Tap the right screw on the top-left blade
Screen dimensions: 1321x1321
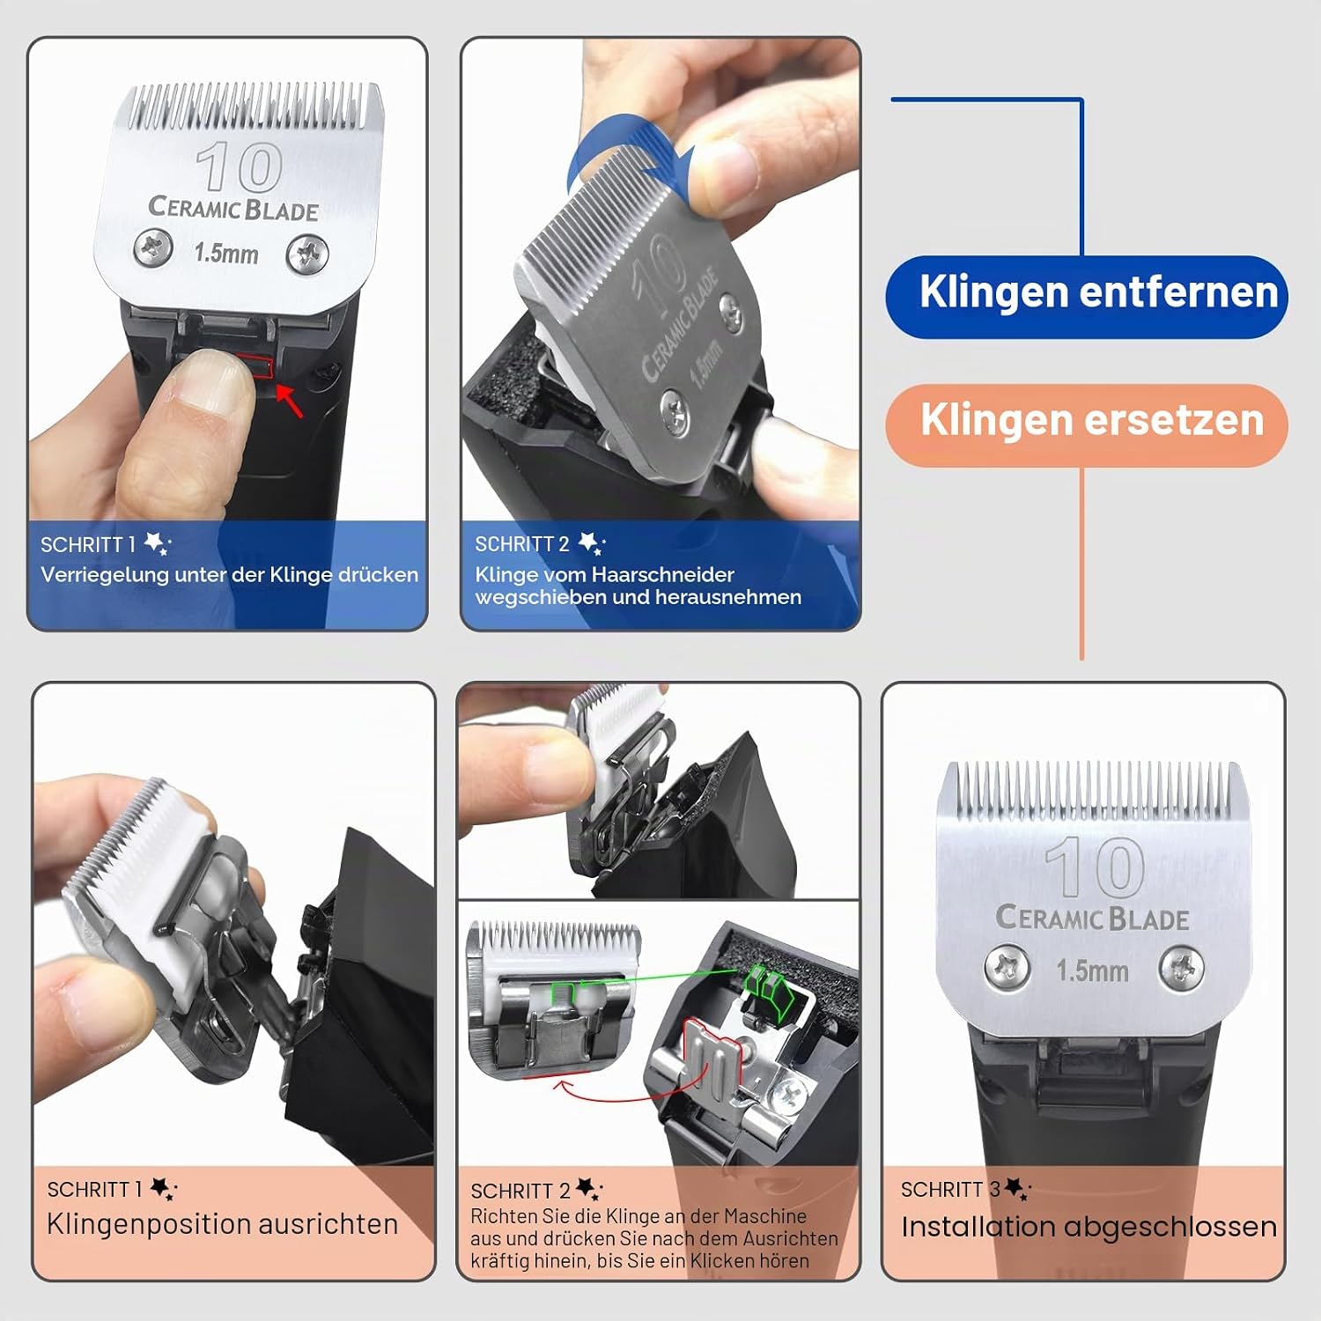click(x=308, y=255)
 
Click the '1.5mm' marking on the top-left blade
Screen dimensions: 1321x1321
click(x=226, y=254)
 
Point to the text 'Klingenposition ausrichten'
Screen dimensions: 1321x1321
click(x=222, y=1224)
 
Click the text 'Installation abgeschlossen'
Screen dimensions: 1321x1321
click(x=1089, y=1226)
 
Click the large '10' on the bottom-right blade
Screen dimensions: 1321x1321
click(x=1095, y=867)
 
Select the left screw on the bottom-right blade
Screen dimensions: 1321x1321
click(x=1007, y=966)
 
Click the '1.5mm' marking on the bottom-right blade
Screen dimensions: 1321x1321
click(x=1092, y=971)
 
